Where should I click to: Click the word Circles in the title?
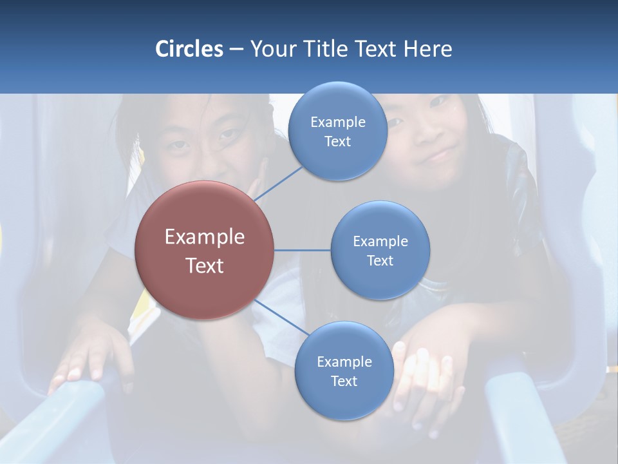189,49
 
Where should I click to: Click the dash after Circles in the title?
236,50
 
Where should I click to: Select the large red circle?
204,250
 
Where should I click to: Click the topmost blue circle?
337,131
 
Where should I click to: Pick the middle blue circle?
380,250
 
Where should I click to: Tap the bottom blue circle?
344,371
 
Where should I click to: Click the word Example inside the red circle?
204,237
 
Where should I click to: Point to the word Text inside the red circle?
204,265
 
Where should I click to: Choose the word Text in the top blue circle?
337,142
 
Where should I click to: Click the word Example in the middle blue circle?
380,241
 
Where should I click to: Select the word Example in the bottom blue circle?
344,362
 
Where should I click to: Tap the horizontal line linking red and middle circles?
302,250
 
